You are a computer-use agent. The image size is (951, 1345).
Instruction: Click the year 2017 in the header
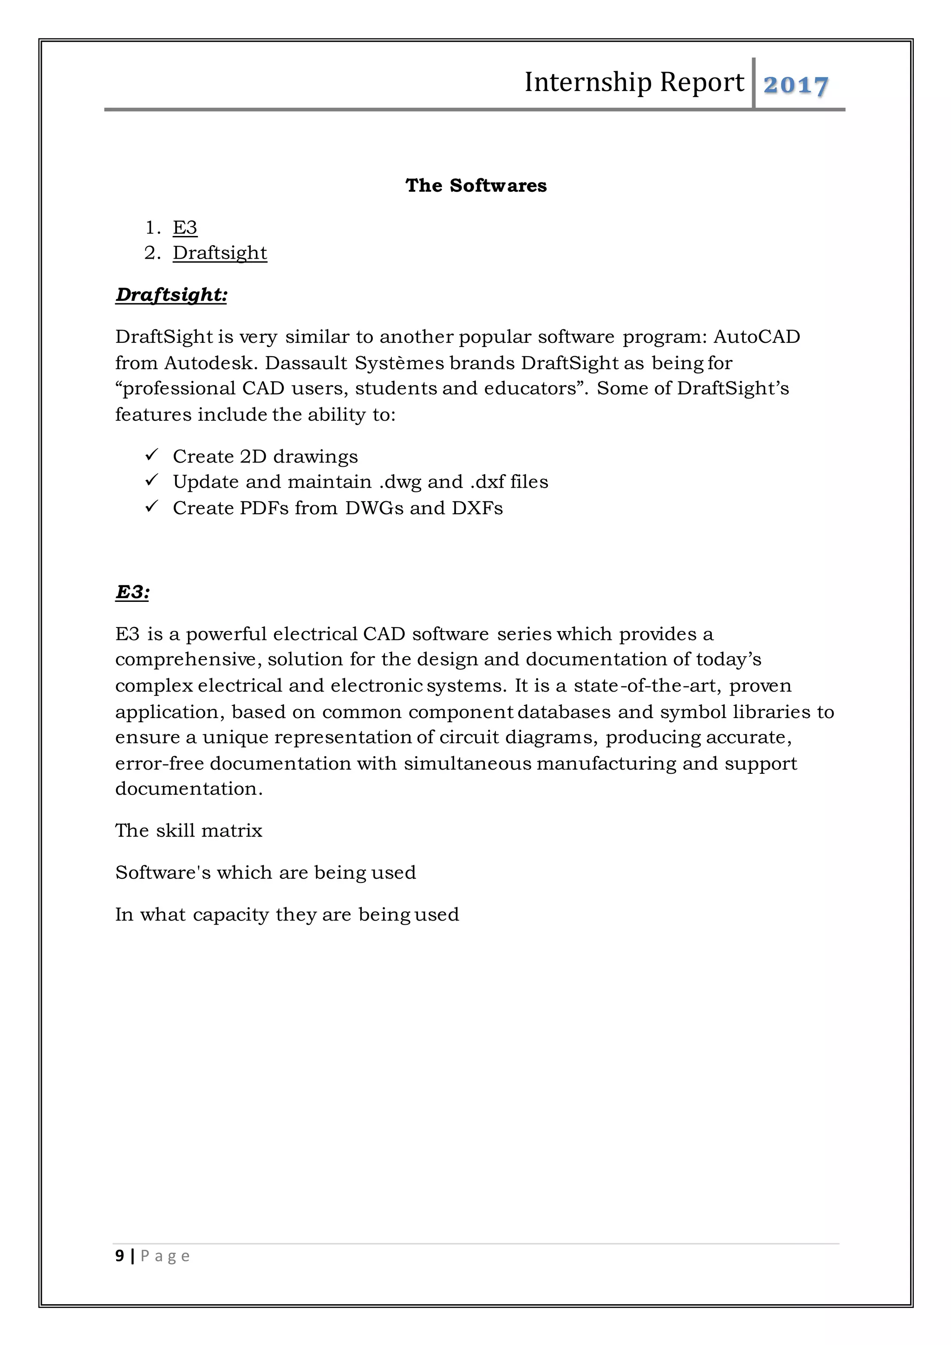tap(796, 85)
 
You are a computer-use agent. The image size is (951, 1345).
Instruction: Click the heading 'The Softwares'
tap(475, 186)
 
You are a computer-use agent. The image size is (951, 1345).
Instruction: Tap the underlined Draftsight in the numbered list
tap(220, 253)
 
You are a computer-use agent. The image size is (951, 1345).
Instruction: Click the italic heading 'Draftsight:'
tap(171, 294)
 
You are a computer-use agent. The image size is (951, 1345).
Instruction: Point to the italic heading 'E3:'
tap(132, 592)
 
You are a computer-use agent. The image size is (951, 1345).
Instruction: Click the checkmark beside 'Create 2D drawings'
tap(152, 455)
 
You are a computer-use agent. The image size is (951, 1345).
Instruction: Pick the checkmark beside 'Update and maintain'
tap(152, 480)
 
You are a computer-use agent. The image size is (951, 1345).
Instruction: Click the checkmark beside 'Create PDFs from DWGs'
tap(152, 506)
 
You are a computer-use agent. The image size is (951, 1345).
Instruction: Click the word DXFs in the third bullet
tap(477, 508)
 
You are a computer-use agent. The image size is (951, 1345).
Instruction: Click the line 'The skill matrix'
tap(189, 831)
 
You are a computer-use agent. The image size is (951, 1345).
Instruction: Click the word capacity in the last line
tap(231, 915)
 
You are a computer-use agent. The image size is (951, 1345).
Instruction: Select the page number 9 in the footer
tap(120, 1256)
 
